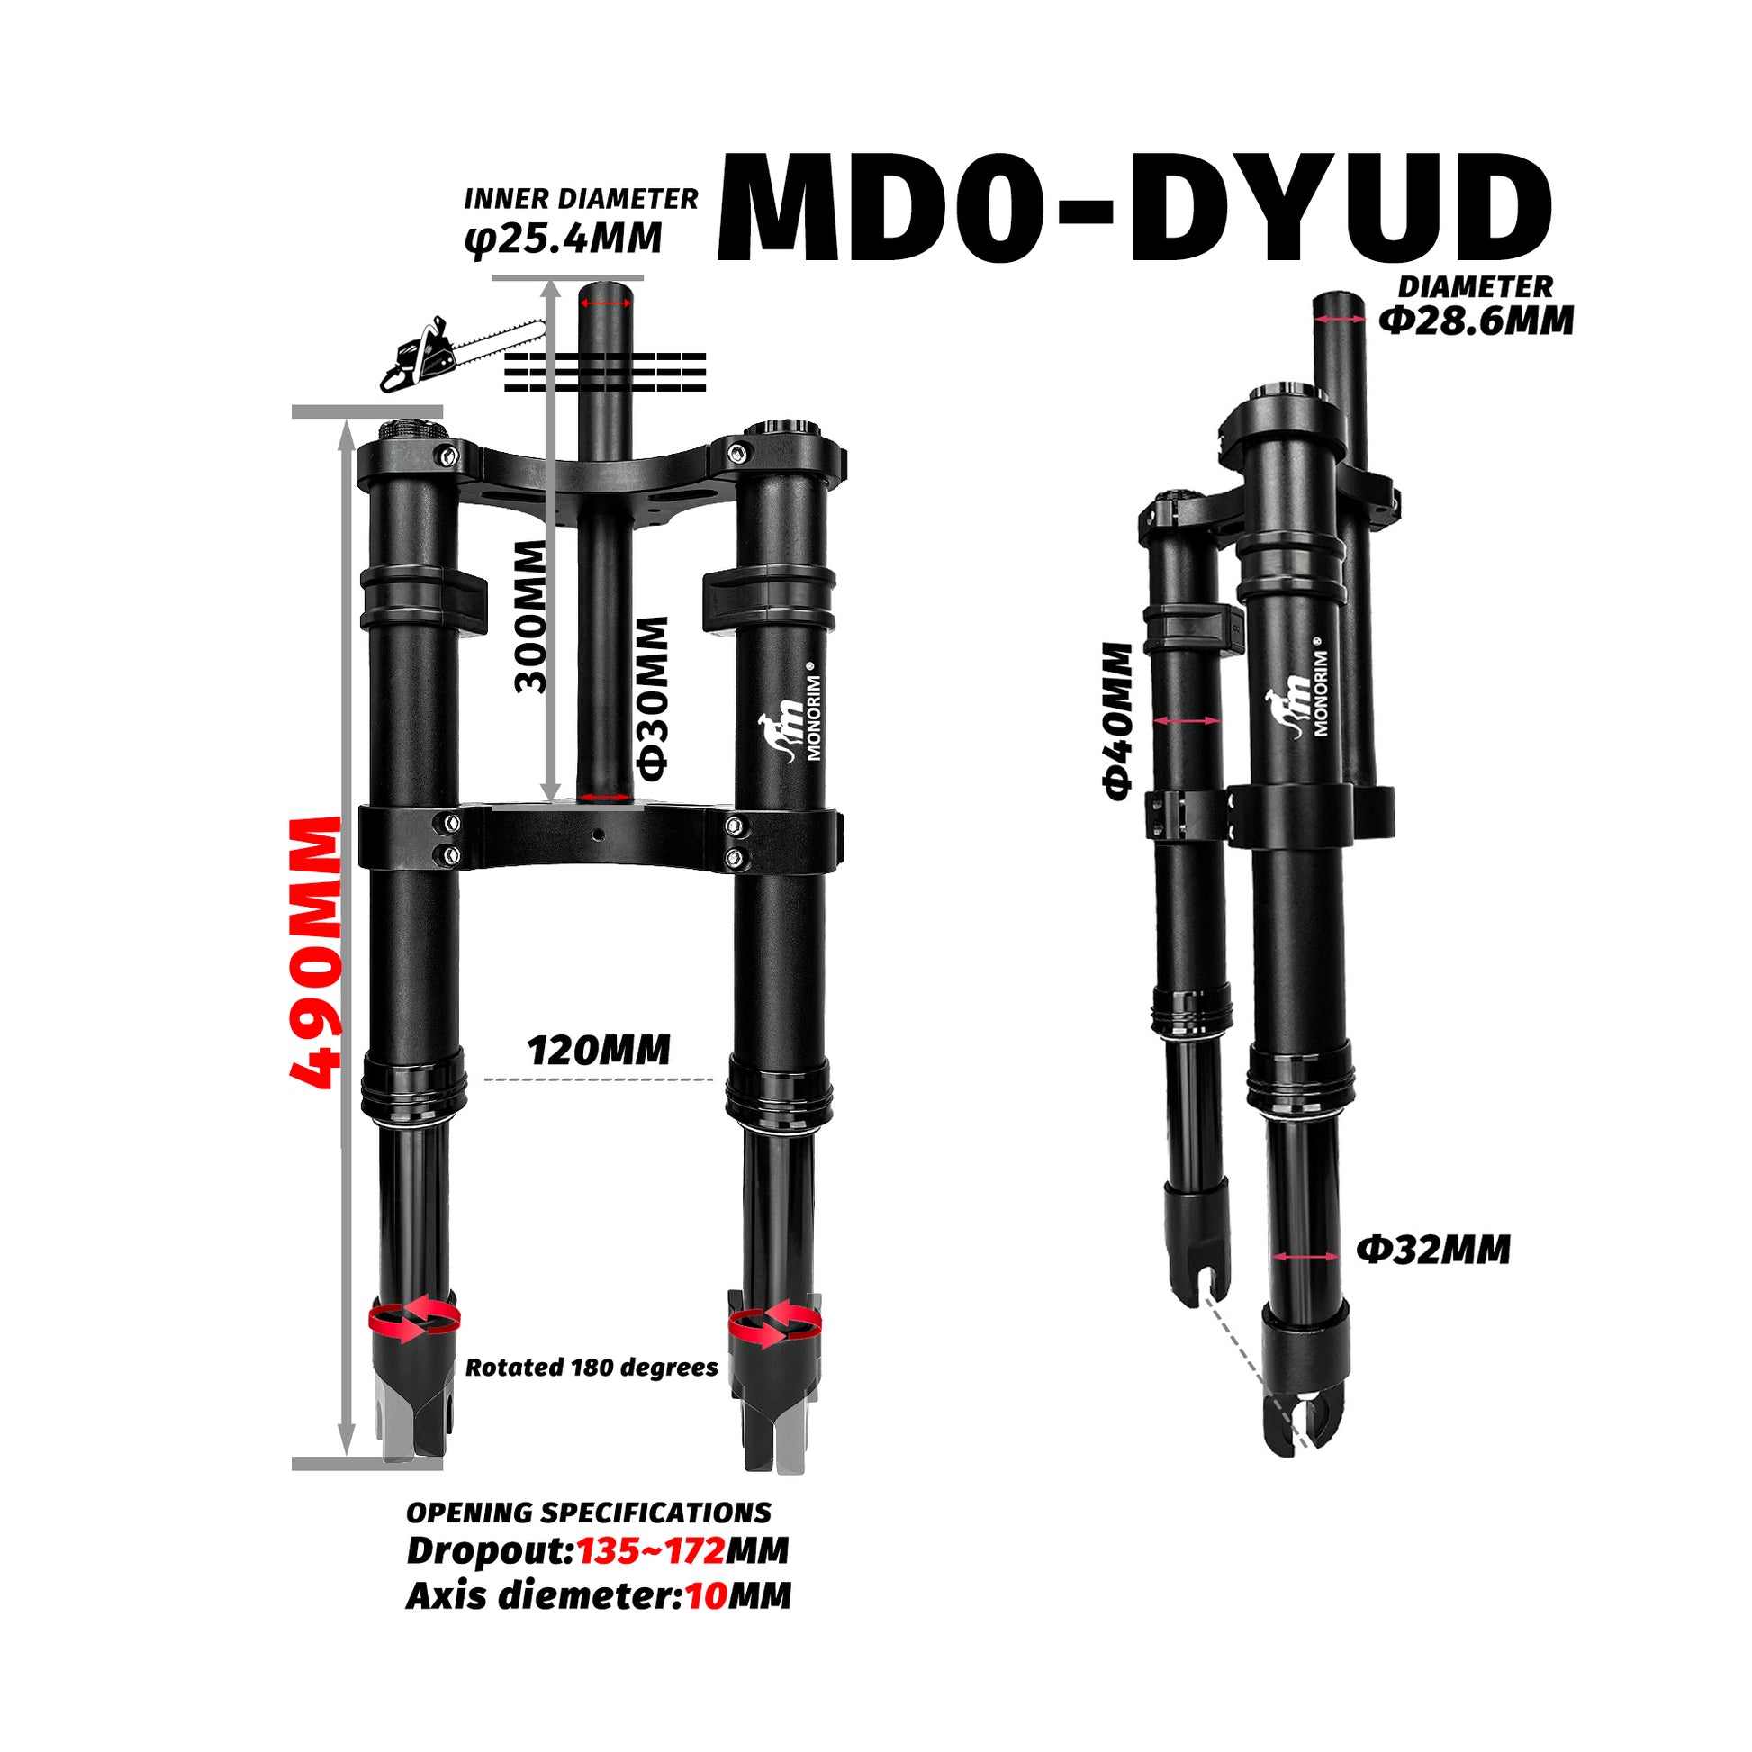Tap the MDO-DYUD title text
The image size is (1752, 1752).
(1133, 210)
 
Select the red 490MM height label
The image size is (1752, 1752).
(316, 953)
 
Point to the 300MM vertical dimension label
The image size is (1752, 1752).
(531, 617)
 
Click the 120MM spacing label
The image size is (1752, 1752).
(599, 1051)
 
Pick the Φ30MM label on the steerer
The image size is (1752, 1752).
(652, 699)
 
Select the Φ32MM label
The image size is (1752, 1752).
(1432, 1251)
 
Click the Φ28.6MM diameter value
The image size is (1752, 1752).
(1477, 321)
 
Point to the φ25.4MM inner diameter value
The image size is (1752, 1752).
(564, 239)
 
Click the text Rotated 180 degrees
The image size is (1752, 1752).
(592, 1368)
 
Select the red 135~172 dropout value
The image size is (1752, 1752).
(650, 1550)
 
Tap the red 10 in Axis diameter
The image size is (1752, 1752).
(706, 1596)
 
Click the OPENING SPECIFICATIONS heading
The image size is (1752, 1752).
(588, 1513)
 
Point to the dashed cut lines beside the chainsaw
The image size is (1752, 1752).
(605, 372)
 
